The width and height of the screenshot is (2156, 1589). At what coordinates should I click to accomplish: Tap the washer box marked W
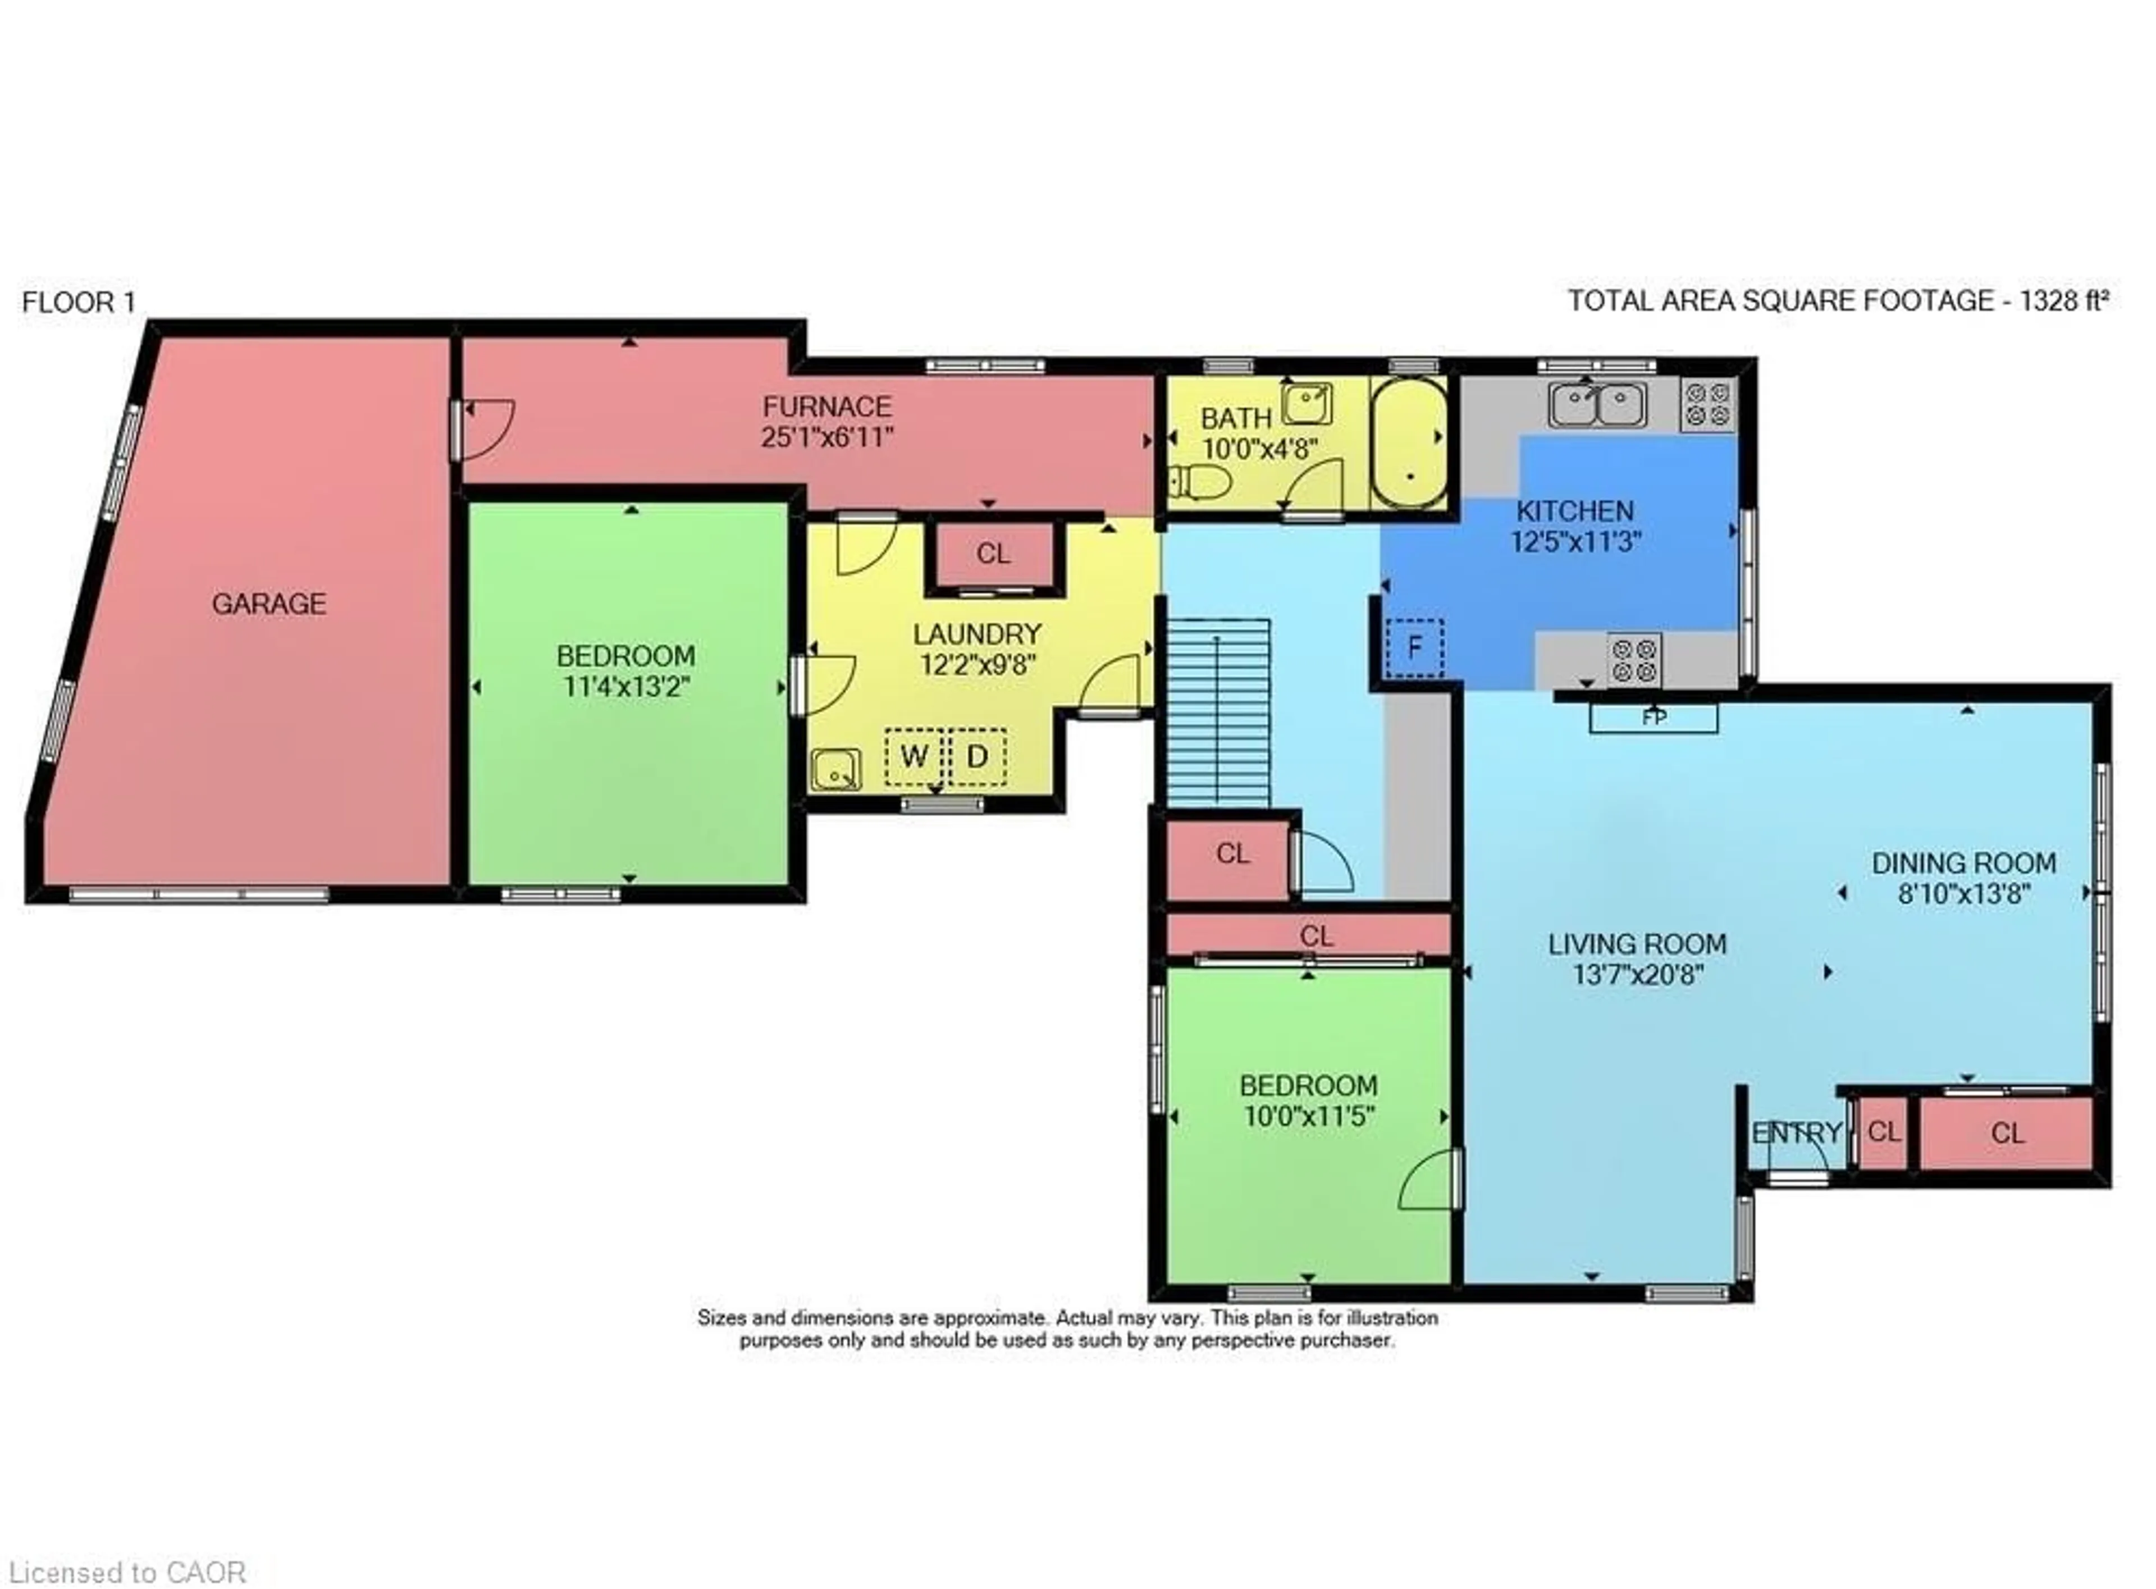(x=913, y=757)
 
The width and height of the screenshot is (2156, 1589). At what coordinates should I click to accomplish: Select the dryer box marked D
(x=977, y=757)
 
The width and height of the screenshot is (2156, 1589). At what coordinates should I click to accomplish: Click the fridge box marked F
(x=1414, y=647)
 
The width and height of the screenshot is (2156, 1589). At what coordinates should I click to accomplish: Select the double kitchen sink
(x=1596, y=404)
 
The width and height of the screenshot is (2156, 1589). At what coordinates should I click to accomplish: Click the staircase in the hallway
(x=1217, y=712)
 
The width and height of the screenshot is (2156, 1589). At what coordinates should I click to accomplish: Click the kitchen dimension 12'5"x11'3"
(x=1575, y=541)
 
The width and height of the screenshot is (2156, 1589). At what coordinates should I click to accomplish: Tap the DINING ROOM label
(x=1963, y=863)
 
